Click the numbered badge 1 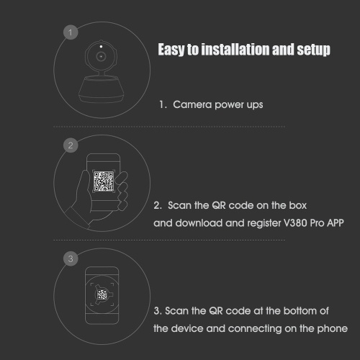[x=71, y=32]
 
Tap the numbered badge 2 [x=71, y=145]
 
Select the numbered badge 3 [x=71, y=258]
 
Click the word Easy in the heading [x=171, y=50]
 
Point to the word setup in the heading [x=313, y=50]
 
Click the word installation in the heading [x=235, y=49]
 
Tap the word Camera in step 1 [x=192, y=104]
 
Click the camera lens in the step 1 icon [x=101, y=57]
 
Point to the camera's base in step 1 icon [x=102, y=89]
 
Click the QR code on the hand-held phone [x=104, y=181]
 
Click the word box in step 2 [x=298, y=205]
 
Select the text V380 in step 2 [x=295, y=223]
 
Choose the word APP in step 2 [x=336, y=223]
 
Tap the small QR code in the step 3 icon [x=102, y=294]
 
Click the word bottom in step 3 [x=300, y=311]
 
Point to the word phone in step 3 [x=333, y=329]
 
